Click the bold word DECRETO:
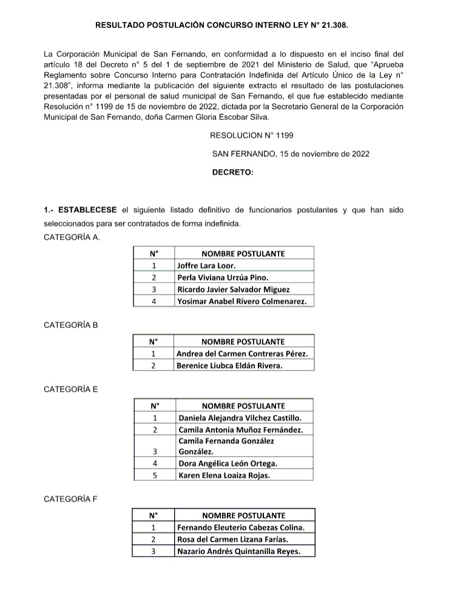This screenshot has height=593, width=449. [x=232, y=172]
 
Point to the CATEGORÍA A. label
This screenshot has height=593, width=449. [x=72, y=237]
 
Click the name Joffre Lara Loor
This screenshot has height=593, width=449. [x=206, y=266]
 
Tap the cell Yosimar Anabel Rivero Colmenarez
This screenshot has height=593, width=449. [x=241, y=301]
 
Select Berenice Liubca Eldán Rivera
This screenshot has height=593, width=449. [x=229, y=366]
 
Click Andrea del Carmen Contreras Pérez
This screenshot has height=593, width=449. [x=242, y=353]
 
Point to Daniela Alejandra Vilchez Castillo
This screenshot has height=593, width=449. [x=239, y=418]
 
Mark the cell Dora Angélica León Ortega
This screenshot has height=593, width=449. [x=228, y=464]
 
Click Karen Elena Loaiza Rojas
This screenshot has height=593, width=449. [x=224, y=475]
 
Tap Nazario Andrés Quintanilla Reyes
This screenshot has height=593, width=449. [x=237, y=551]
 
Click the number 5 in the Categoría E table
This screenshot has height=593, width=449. [x=155, y=475]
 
